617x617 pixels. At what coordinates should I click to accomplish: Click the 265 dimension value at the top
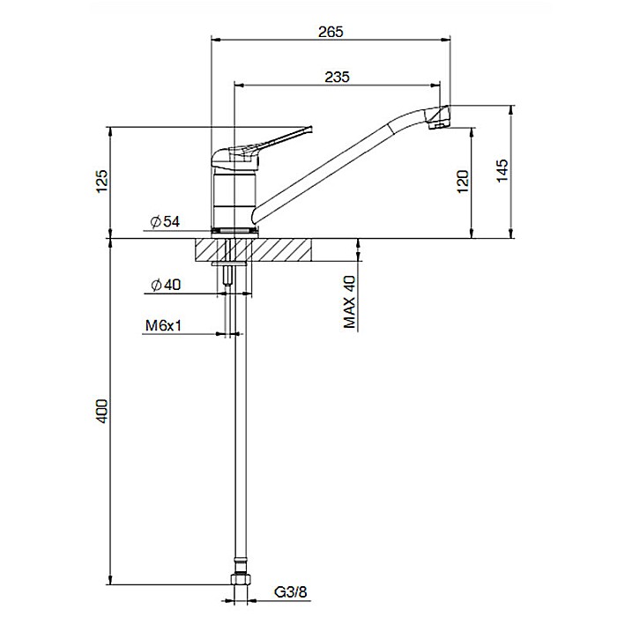pyautogui.click(x=331, y=32)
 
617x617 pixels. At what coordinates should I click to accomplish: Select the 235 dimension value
pyautogui.click(x=338, y=77)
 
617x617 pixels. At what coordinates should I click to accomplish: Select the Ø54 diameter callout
pyautogui.click(x=165, y=222)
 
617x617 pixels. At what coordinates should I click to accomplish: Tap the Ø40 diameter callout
pyautogui.click(x=165, y=285)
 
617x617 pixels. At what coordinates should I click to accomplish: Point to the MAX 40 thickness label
pyautogui.click(x=350, y=301)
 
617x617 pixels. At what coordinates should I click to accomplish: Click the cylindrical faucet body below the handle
pyautogui.click(x=234, y=198)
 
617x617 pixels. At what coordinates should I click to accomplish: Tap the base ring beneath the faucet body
pyautogui.click(x=234, y=231)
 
